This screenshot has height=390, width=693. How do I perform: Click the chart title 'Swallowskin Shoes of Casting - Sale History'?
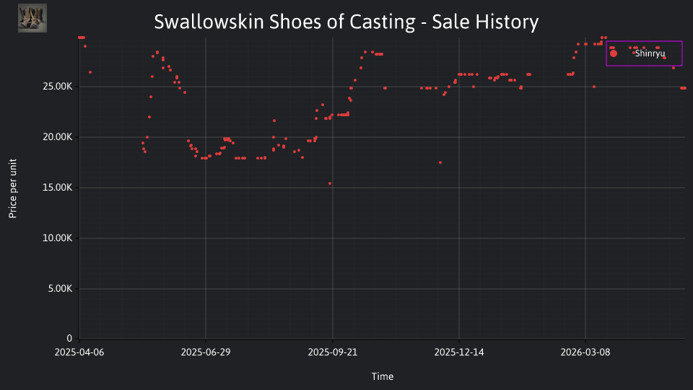click(346, 22)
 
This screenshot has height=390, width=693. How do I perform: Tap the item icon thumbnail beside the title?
click(32, 18)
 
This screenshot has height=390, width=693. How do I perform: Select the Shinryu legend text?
click(650, 53)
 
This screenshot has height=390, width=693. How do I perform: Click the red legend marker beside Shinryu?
click(614, 53)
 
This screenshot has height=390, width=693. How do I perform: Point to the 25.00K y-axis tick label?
click(58, 87)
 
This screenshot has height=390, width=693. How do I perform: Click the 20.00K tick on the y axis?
click(58, 137)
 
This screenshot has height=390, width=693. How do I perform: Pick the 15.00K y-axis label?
click(58, 188)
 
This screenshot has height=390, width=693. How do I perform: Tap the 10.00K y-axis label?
click(58, 238)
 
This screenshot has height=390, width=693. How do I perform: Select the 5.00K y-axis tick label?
click(60, 289)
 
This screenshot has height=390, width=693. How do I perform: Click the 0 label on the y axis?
click(69, 338)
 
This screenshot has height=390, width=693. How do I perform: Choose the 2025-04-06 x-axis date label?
click(79, 352)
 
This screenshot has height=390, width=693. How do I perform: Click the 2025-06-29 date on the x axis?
click(206, 352)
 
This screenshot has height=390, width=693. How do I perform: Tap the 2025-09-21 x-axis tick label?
click(333, 352)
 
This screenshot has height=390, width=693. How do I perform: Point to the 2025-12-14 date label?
click(459, 352)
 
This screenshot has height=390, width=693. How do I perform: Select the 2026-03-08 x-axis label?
click(585, 352)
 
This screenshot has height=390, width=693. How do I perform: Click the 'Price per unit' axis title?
click(13, 188)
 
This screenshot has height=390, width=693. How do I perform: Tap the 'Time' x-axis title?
click(383, 376)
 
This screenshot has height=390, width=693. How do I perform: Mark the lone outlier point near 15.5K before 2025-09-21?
click(330, 183)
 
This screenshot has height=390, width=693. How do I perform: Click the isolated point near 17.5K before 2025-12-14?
click(440, 162)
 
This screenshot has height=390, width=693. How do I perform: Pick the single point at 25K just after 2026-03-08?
click(594, 87)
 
